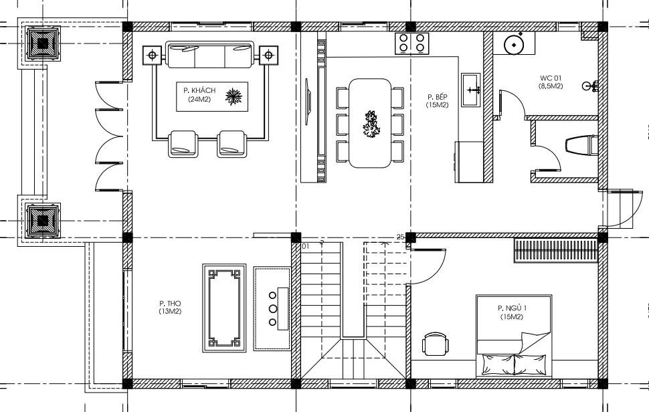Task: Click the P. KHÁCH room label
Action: [199, 90]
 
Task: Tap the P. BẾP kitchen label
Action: [438, 97]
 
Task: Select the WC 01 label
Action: [551, 78]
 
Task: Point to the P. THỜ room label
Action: [170, 304]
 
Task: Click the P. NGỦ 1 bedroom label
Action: [512, 308]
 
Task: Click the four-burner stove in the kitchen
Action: [411, 43]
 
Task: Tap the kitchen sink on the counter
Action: [471, 90]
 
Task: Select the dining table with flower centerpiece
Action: [370, 123]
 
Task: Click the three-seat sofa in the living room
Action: [210, 54]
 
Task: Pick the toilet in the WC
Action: [581, 145]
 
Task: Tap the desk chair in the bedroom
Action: [436, 344]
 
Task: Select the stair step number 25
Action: [400, 237]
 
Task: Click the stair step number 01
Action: [306, 246]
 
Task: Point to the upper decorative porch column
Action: [43, 43]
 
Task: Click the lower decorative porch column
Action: [43, 221]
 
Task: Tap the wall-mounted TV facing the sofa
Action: [308, 102]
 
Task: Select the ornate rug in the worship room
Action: [224, 308]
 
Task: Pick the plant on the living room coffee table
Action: [234, 97]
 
